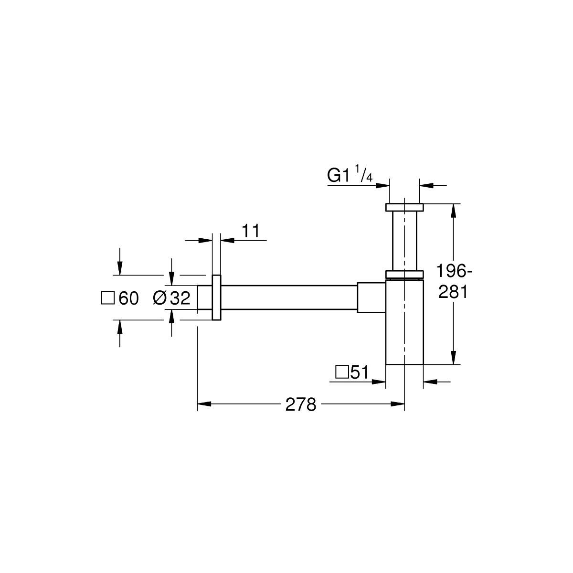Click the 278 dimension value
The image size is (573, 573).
(301, 404)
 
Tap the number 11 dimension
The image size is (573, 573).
(251, 231)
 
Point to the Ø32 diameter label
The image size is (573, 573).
(171, 297)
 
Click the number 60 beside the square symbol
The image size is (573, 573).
(129, 298)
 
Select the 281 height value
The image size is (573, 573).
(453, 292)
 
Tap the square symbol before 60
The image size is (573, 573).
(107, 298)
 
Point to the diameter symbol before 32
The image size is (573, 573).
(159, 298)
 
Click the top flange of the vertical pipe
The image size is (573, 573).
(404, 207)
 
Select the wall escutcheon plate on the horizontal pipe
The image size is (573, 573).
(216, 297)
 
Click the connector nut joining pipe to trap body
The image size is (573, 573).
(371, 297)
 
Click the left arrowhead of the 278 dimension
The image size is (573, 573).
(204, 404)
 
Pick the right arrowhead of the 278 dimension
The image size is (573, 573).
(398, 404)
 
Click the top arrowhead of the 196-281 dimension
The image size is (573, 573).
(453, 211)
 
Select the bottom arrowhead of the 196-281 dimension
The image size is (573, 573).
(453, 358)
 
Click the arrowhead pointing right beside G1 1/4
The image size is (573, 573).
(382, 186)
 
